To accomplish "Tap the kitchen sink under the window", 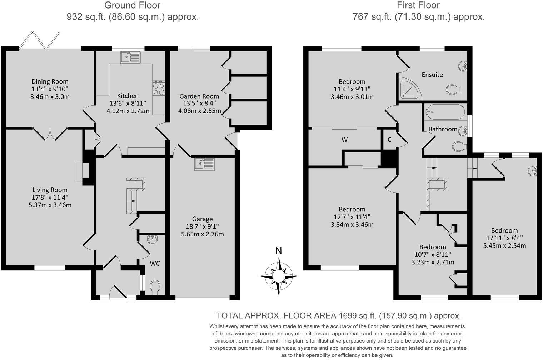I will [x=131, y=57].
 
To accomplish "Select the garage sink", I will [x=204, y=164].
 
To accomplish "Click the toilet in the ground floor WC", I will [x=155, y=287].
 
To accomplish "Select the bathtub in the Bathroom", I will [x=445, y=111].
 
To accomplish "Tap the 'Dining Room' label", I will [x=50, y=82].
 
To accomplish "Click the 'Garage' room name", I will [x=202, y=219].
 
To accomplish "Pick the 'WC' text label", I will [x=155, y=264].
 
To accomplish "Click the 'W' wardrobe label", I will [x=344, y=140].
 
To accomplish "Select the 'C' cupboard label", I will [x=389, y=140].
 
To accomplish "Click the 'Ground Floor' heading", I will [x=132, y=5].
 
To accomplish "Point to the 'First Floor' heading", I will [x=418, y=5].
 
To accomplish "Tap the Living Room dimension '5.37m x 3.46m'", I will [x=50, y=205].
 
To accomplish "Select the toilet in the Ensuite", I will [x=453, y=89].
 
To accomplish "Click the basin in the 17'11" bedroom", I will [x=533, y=171].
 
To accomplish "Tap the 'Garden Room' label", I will [x=199, y=96].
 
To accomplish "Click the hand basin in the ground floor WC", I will [x=153, y=239].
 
